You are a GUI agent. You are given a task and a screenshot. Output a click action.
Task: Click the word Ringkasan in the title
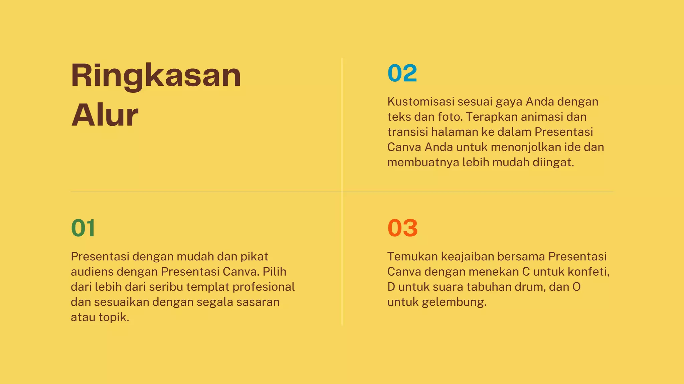156,76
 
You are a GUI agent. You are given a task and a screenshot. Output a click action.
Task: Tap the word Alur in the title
105,115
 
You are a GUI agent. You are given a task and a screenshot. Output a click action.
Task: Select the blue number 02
402,73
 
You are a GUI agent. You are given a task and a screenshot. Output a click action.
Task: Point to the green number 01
83,228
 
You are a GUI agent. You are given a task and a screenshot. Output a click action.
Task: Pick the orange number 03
402,228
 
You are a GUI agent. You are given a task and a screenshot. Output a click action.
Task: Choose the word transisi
407,132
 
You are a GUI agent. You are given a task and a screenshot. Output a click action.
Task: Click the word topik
114,317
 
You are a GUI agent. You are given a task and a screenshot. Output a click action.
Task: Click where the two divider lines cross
342,192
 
